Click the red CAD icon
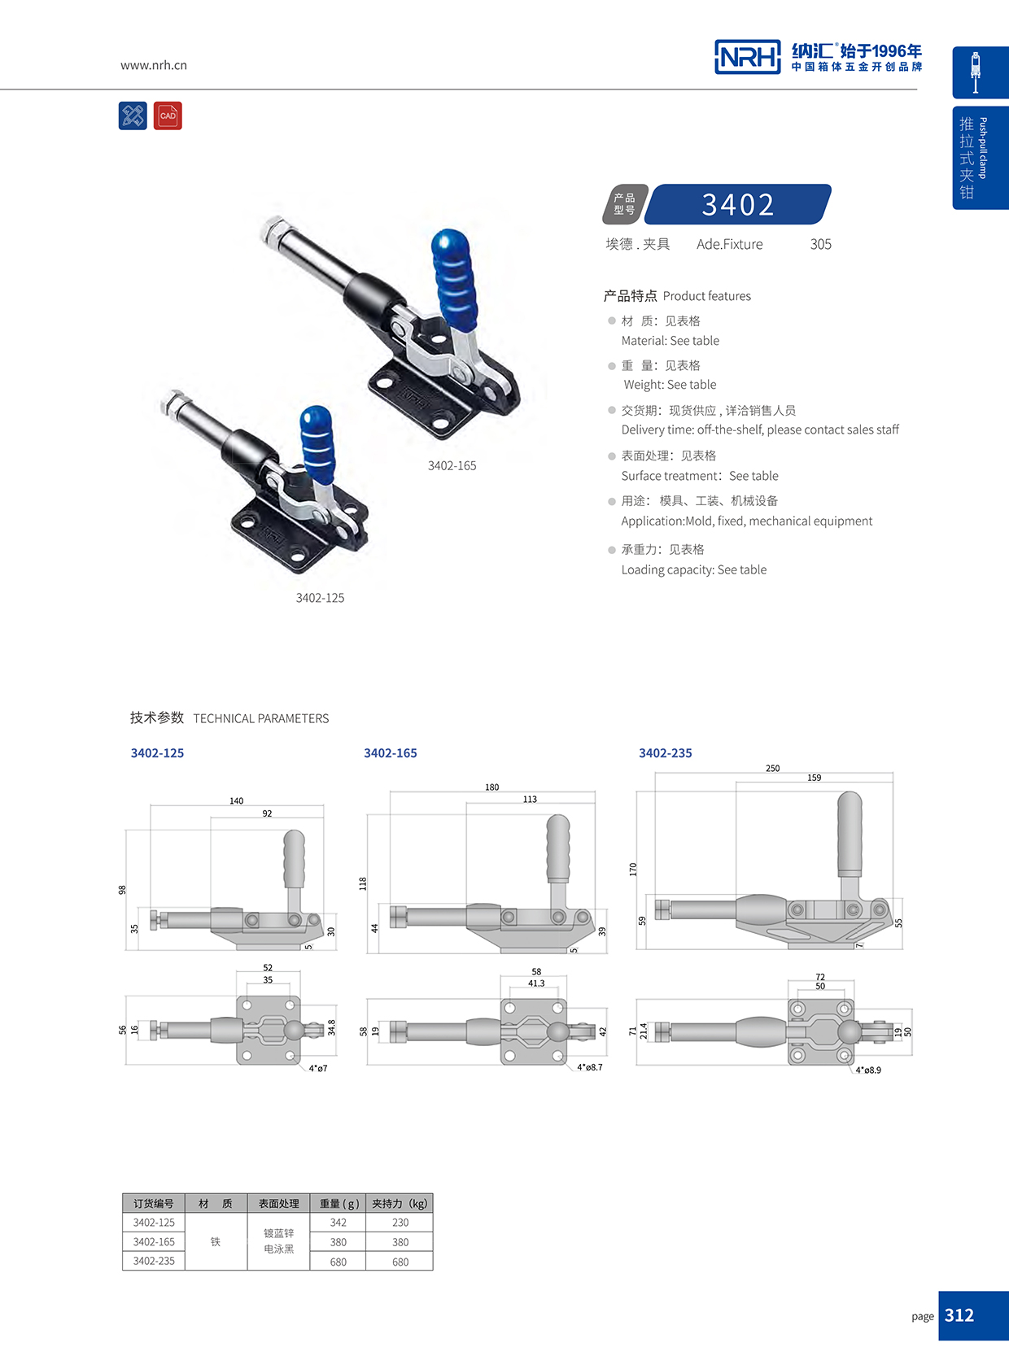[168, 116]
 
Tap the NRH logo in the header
[747, 57]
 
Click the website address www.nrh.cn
[154, 65]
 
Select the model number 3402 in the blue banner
[738, 204]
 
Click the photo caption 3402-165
[452, 465]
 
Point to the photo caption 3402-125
[320, 598]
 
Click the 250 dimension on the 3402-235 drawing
[772, 768]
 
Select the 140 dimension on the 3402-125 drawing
[236, 800]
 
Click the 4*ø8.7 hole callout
[590, 1066]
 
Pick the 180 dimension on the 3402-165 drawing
[491, 787]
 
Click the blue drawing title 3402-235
[665, 753]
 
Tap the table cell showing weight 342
[339, 1223]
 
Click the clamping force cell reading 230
[400, 1223]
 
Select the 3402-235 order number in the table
[154, 1261]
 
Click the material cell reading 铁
[216, 1242]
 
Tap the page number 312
[959, 1315]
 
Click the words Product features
[706, 296]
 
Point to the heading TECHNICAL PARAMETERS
[260, 718]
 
